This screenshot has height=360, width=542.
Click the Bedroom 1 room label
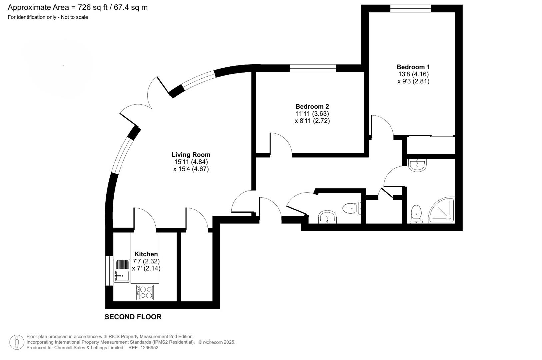point(413,67)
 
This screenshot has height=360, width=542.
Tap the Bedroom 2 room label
point(312,107)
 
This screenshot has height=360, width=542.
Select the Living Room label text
point(191,155)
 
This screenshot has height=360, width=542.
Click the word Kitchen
point(146,254)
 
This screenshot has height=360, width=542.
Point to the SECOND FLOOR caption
point(133,317)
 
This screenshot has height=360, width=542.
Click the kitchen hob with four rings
point(145,292)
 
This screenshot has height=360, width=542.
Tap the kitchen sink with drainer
point(122,270)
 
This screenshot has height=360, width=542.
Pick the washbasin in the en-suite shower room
point(417,165)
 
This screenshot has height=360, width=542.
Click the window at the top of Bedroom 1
point(410,9)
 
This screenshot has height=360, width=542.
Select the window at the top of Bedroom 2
point(312,68)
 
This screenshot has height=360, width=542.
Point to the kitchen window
point(109,271)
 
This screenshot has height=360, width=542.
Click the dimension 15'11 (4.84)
point(191,162)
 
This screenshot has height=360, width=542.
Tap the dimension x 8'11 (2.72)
point(312,121)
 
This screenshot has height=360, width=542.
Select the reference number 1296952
point(149,348)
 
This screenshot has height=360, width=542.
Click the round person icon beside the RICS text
point(17,342)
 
